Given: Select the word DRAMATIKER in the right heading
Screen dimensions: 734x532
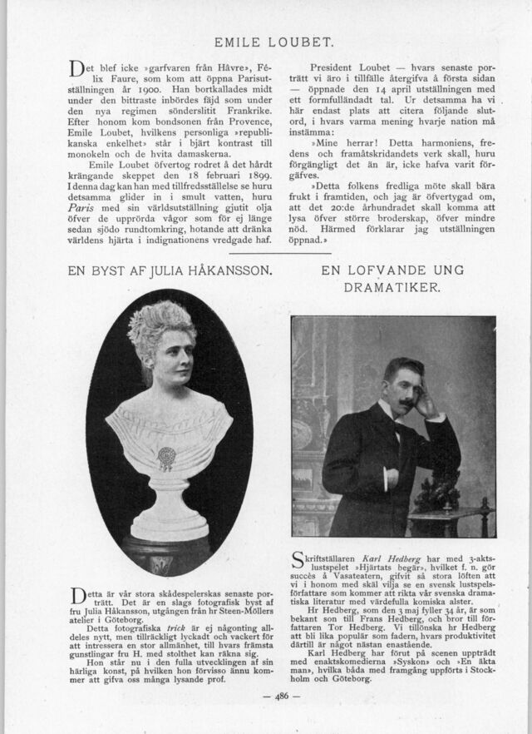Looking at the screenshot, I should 392,287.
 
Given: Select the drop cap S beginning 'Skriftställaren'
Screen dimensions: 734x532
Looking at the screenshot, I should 298,558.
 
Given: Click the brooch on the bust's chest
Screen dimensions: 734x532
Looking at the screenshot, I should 167,457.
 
